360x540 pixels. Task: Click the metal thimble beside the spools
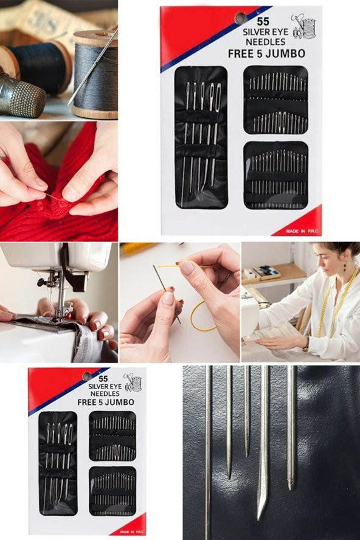(x=21, y=94)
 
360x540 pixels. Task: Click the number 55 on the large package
(x=263, y=21)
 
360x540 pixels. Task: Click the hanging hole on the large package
(x=240, y=18)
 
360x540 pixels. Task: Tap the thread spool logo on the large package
(x=303, y=26)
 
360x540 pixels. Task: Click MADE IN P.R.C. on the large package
(x=301, y=231)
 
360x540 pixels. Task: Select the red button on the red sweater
(x=63, y=204)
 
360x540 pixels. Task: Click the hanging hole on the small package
(x=87, y=376)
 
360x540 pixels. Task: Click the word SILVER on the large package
(x=255, y=32)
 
